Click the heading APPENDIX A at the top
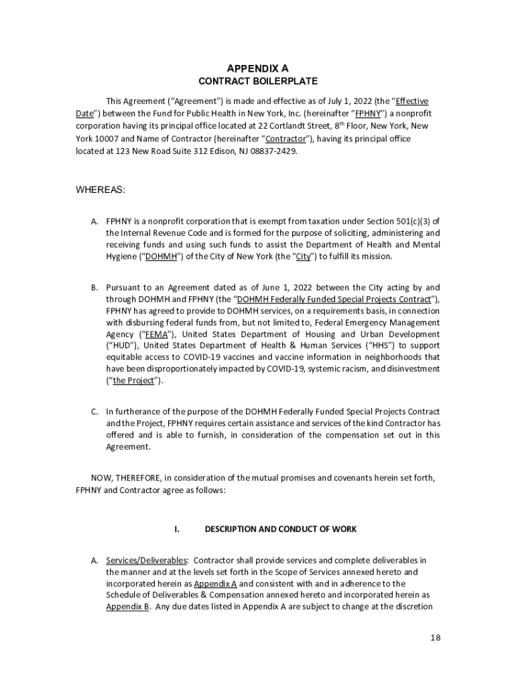click(x=257, y=68)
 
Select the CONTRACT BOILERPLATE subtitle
click(x=258, y=81)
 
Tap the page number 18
click(x=436, y=637)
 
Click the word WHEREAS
click(x=101, y=190)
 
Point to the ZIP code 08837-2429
click(x=273, y=151)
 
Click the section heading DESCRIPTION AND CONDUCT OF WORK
click(x=281, y=529)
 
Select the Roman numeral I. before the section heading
click(x=177, y=529)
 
